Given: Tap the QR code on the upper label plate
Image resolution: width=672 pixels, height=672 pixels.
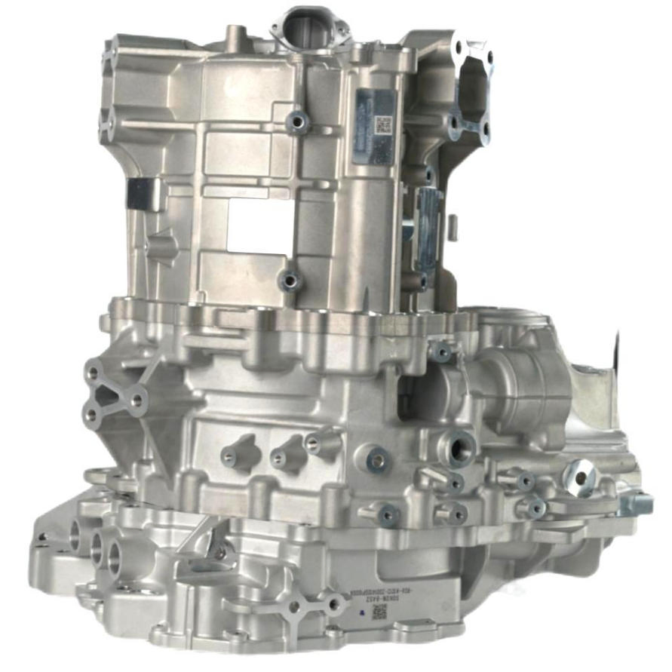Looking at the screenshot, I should (x=382, y=124).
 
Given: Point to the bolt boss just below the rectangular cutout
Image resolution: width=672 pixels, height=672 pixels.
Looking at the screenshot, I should (x=289, y=281).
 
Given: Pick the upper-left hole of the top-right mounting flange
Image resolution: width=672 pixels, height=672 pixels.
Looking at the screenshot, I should (x=457, y=47).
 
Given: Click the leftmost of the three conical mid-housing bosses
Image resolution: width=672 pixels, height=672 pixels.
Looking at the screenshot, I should (x=232, y=454).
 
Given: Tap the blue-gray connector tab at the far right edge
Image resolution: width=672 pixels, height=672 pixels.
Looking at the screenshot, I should (x=635, y=503).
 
